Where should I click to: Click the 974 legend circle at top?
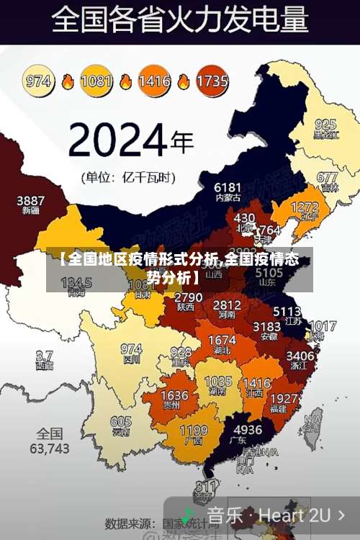click(39, 81)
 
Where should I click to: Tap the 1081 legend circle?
click(96, 81)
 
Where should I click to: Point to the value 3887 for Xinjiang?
click(30, 200)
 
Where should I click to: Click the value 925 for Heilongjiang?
click(325, 124)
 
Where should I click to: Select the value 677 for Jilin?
click(327, 177)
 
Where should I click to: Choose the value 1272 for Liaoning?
click(304, 207)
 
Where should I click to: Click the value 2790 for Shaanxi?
click(188, 297)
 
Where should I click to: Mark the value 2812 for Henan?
click(227, 305)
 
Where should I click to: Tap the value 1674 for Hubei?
click(221, 340)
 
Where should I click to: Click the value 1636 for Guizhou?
click(174, 396)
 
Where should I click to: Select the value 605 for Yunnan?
click(121, 422)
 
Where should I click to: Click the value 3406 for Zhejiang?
click(300, 355)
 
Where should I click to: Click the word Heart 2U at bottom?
click(294, 515)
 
